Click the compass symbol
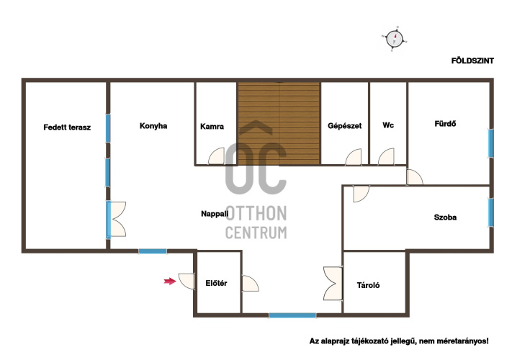[395, 39]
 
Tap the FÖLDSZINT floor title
[472, 60]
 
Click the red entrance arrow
[170, 281]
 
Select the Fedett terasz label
[67, 127]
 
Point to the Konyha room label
[153, 126]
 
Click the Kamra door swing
[217, 156]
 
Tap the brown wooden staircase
[279, 124]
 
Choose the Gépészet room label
[344, 126]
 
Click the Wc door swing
[386, 157]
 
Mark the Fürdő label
[445, 124]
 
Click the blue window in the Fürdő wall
[490, 143]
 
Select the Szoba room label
[445, 217]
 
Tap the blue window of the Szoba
[490, 212]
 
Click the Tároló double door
[333, 283]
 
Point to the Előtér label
[216, 283]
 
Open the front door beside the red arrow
[187, 281]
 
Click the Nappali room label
[215, 214]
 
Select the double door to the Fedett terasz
[117, 219]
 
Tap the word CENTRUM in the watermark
[256, 233]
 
